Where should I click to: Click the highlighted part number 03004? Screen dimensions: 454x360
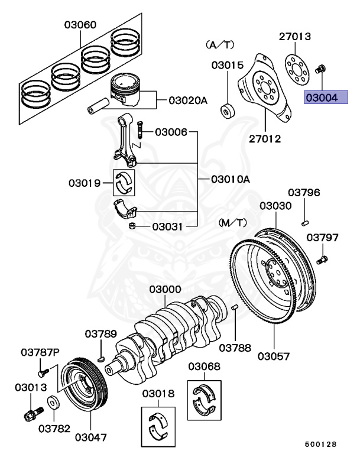pyautogui.click(x=322, y=96)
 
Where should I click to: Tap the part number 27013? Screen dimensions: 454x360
pyautogui.click(x=295, y=37)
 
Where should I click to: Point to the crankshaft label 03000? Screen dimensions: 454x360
pyautogui.click(x=165, y=290)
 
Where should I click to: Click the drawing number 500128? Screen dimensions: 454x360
pyautogui.click(x=321, y=443)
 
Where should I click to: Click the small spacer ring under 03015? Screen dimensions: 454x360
pyautogui.click(x=226, y=111)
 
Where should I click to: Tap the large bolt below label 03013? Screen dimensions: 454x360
pyautogui.click(x=31, y=412)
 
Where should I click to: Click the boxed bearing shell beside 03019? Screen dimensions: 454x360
pyautogui.click(x=125, y=184)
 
